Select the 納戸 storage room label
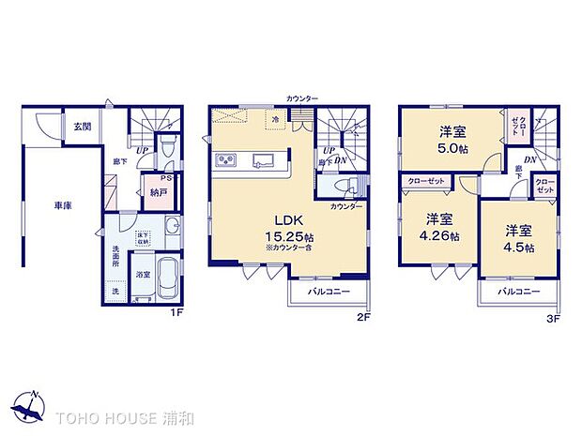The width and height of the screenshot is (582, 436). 160,192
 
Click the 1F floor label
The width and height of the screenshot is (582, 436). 175,313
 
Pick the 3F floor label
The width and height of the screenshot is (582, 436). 553,318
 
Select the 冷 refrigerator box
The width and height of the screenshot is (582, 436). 276,120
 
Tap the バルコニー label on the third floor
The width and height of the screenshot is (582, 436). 516,292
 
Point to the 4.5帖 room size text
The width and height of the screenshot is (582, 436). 517,248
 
